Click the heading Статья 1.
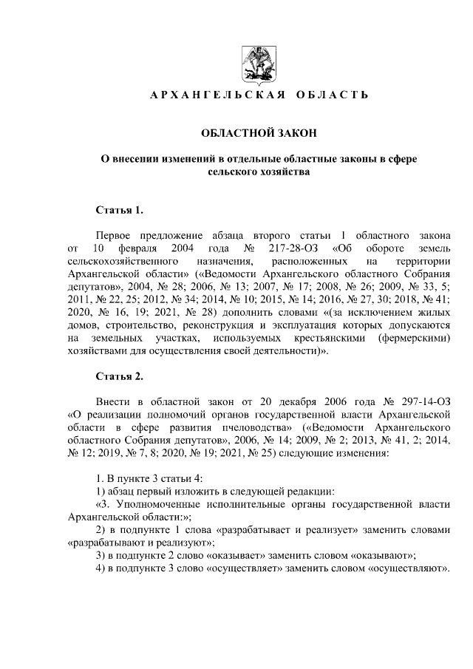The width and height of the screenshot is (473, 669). coord(119,211)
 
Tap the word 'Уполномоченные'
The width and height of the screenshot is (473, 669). coord(152,505)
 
